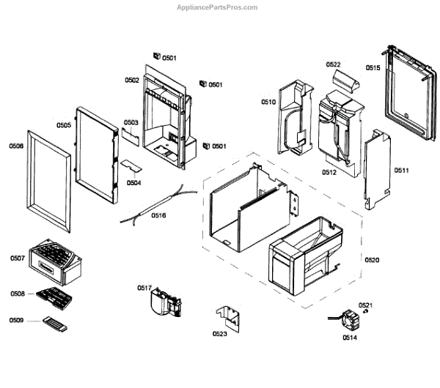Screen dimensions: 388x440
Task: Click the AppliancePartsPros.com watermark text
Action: coord(219,7)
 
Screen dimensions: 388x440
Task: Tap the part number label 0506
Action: coord(16,146)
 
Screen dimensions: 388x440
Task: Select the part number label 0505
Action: coord(64,125)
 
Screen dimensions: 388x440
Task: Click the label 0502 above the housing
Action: coord(132,80)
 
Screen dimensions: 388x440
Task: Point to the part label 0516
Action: coord(158,215)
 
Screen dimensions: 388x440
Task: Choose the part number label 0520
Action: coord(372,260)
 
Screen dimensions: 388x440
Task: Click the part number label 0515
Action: coord(373,68)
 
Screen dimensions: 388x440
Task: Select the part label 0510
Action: coord(268,102)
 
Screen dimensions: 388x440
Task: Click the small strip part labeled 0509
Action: coord(55,323)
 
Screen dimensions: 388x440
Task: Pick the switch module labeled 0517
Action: coord(166,302)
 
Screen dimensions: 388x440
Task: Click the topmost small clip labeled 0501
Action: coord(156,55)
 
